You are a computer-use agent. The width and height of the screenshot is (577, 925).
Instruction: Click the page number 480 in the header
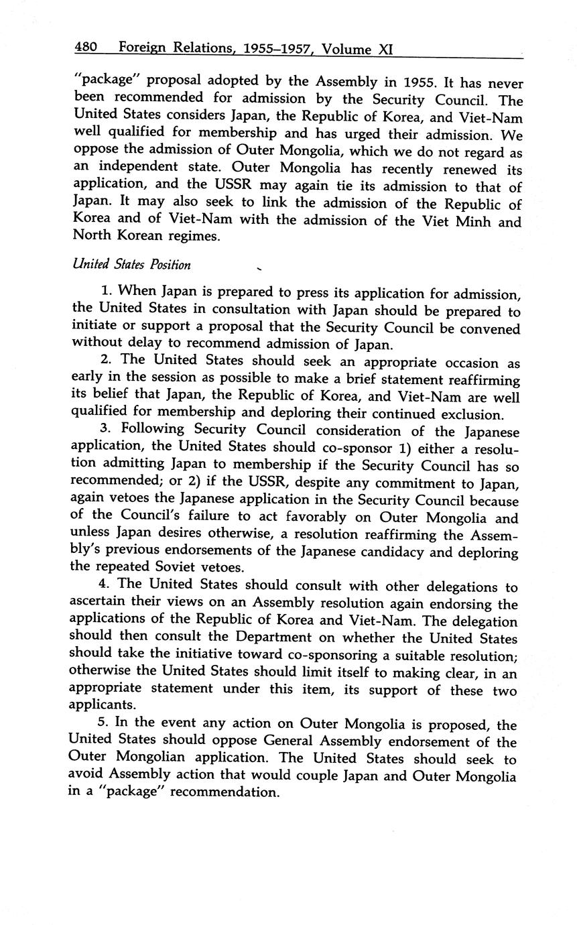86,48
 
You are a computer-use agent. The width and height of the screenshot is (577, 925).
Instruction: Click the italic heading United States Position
131,264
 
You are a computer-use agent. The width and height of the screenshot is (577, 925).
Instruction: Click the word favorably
328,518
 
